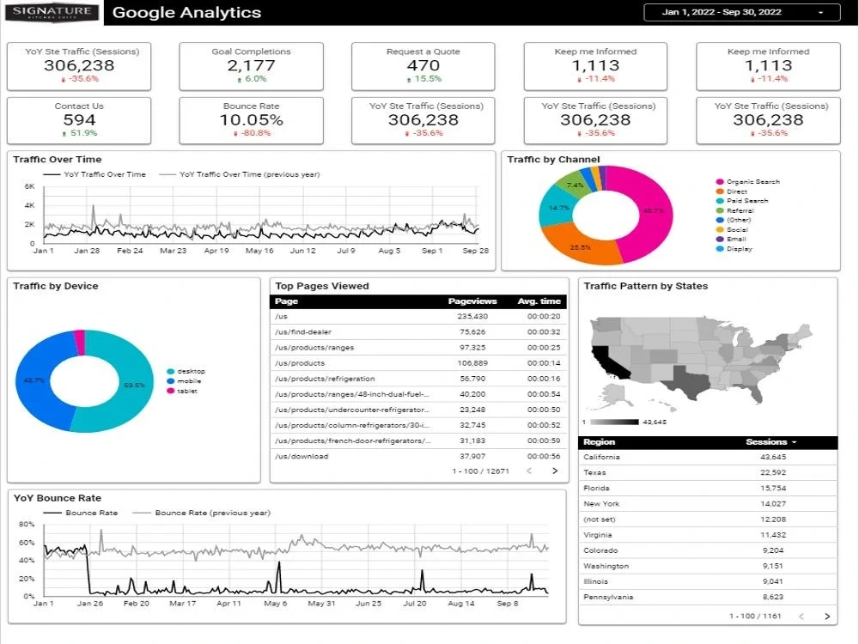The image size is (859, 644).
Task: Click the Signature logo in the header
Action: [53, 12]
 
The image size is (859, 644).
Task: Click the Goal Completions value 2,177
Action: [251, 66]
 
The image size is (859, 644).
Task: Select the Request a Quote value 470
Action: [423, 66]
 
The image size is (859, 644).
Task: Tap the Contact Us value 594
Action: [79, 120]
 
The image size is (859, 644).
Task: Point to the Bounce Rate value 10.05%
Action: [251, 120]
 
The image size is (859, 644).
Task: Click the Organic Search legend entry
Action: [752, 182]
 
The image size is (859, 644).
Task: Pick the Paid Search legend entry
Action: [747, 201]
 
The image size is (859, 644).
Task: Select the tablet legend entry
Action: [186, 392]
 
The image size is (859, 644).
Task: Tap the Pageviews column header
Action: [472, 301]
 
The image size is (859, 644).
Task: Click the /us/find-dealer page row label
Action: [303, 332]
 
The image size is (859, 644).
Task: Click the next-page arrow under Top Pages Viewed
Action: [555, 471]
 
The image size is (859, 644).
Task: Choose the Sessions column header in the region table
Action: [770, 442]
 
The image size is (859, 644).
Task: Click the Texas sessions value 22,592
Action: [772, 473]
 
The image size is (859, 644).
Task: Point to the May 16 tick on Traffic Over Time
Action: [259, 252]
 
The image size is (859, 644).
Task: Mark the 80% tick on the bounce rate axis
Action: [26, 525]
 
